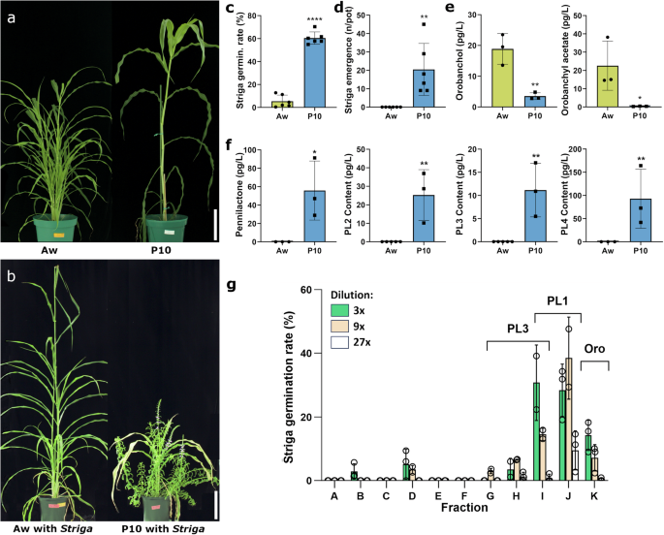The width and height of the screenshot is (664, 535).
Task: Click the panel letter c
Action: pos(231,11)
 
